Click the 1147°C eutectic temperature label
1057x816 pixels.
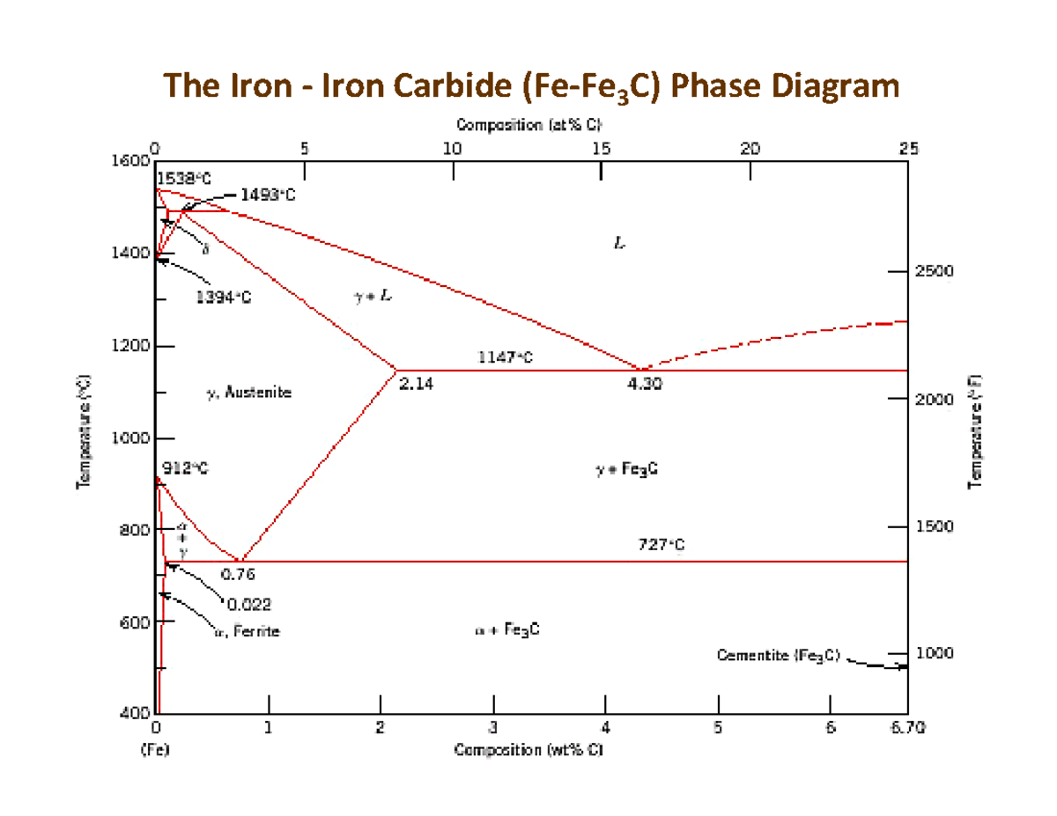point(505,357)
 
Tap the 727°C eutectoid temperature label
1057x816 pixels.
point(661,546)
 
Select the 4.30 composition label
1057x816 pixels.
point(645,384)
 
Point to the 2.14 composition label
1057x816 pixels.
point(416,384)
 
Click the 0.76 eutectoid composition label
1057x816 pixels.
point(238,575)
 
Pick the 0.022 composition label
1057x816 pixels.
point(249,605)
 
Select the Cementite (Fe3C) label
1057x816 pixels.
point(779,655)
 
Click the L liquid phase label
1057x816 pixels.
point(620,244)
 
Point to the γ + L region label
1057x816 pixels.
point(373,297)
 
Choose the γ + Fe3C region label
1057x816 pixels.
point(626,470)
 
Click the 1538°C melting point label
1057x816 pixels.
point(184,177)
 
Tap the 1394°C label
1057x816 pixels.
point(223,297)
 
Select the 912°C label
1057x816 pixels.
point(184,468)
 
